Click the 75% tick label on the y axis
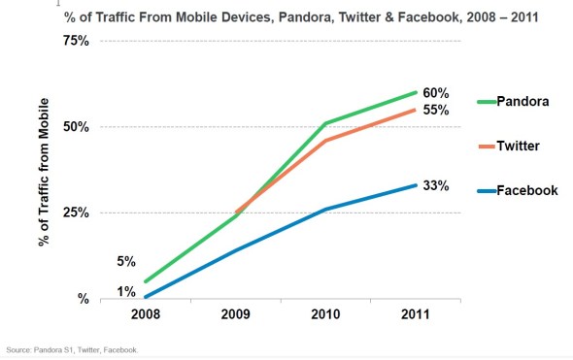pos(76,41)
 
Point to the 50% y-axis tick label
pos(76,127)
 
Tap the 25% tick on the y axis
pos(76,213)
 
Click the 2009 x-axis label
pos(235,316)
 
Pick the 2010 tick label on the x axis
pos(326,316)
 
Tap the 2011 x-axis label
pos(417,316)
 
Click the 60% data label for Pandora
pos(436,91)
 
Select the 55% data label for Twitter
pos(436,110)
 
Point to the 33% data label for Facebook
pos(436,184)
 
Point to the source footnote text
pos(71,349)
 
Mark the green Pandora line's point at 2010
pos(326,123)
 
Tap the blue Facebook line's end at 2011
pos(417,185)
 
